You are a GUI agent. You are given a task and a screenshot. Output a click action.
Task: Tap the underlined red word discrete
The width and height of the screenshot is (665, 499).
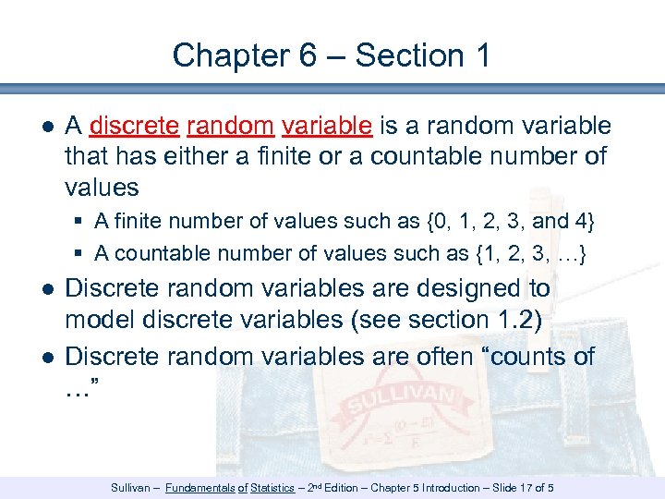(135, 126)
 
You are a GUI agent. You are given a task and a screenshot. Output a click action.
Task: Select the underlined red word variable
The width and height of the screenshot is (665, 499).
(328, 126)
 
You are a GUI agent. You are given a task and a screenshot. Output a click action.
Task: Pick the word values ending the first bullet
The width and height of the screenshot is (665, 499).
(102, 187)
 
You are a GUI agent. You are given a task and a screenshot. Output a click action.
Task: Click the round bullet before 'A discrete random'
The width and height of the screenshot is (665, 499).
(47, 127)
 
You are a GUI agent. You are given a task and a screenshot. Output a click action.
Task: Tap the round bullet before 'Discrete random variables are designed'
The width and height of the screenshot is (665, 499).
(47, 289)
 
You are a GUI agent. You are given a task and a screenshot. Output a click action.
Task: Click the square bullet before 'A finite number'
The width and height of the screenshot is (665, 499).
(81, 223)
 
